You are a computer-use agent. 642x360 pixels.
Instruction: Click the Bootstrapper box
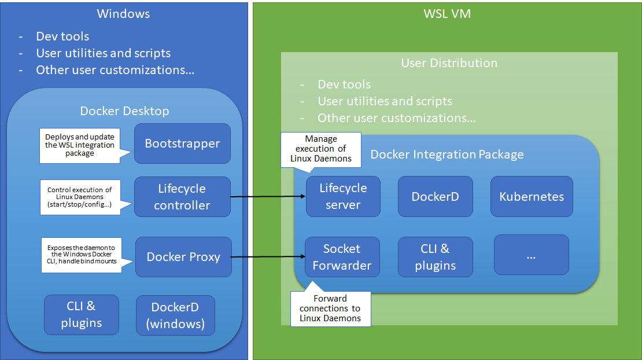[182, 144]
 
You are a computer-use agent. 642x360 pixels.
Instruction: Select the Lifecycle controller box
[182, 197]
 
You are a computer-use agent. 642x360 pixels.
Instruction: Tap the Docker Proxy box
[183, 257]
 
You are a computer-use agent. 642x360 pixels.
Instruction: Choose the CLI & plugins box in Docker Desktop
[82, 315]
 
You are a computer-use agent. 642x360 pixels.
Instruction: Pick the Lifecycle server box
[343, 196]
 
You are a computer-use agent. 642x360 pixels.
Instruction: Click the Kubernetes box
[532, 196]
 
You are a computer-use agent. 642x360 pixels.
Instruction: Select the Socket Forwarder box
[342, 257]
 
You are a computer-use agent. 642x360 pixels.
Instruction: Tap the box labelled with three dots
[531, 254]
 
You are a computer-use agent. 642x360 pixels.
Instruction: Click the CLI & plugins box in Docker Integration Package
[435, 257]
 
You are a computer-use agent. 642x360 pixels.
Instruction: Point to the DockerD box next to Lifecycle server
[435, 196]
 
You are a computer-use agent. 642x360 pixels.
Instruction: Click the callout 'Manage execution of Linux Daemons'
[320, 149]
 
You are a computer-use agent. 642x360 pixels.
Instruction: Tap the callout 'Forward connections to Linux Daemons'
[330, 308]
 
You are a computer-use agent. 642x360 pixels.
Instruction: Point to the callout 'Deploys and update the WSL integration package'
[79, 145]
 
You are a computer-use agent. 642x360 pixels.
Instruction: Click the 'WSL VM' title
[447, 14]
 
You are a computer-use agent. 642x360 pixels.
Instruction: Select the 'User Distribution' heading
[449, 63]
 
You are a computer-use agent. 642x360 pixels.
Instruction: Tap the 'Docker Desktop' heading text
[124, 111]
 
